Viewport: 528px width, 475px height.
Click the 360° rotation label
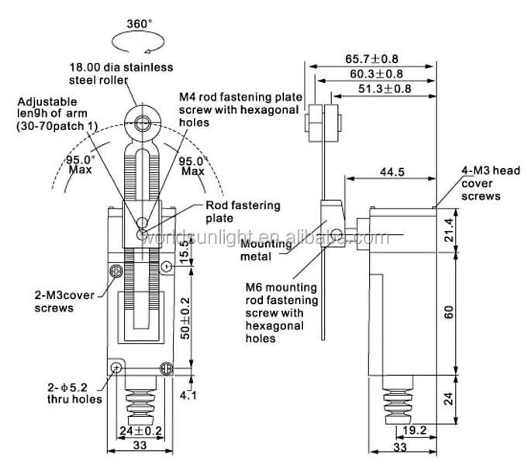coord(139,24)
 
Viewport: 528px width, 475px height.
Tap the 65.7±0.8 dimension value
coord(371,59)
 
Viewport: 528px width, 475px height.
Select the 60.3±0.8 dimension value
coord(376,74)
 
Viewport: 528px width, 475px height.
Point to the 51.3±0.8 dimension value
coord(385,88)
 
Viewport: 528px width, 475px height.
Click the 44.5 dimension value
coord(392,172)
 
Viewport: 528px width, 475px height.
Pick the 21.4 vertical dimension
coord(449,230)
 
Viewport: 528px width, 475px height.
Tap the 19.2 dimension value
coord(415,430)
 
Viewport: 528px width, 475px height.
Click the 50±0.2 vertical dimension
coord(185,318)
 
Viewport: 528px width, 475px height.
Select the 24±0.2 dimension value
coord(141,431)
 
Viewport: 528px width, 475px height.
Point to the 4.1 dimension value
coord(188,395)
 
